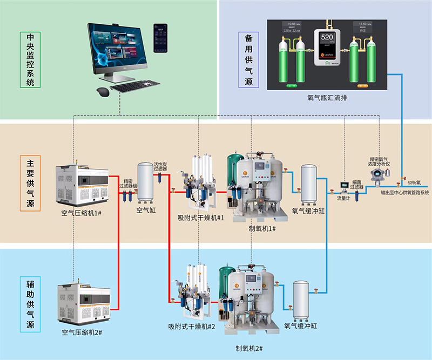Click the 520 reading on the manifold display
coord(327,38)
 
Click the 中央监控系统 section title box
coord(30,60)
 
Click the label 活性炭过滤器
coord(161,166)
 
